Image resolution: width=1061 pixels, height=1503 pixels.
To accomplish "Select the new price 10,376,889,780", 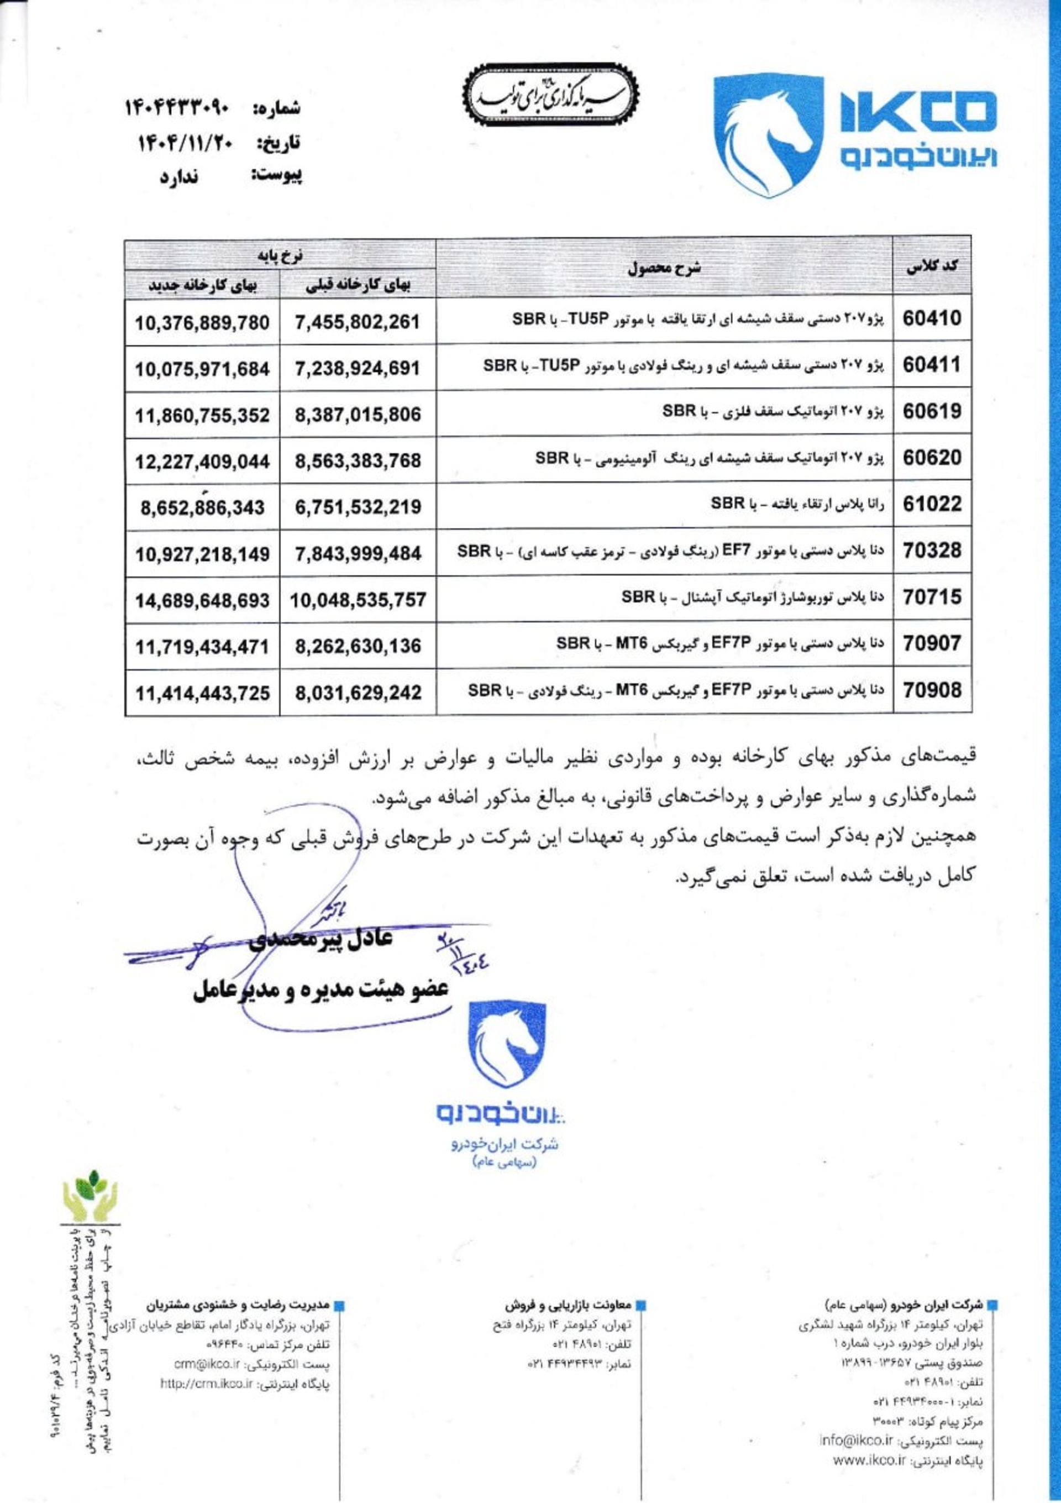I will coord(202,323).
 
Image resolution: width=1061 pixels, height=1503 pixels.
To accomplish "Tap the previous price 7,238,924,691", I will coord(358,369).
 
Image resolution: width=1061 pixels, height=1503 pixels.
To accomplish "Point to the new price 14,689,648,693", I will coord(202,600).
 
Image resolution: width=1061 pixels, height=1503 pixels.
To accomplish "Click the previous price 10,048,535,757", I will coord(358,600).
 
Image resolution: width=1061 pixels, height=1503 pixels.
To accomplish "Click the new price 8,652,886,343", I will coord(202,507).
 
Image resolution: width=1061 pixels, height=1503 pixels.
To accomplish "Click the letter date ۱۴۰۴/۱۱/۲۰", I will coord(181,142).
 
